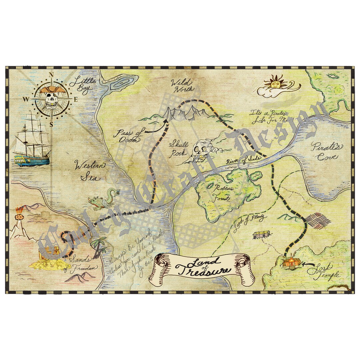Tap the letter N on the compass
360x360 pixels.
point(51,75)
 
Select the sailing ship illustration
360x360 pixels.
point(32,140)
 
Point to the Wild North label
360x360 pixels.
point(181,85)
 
